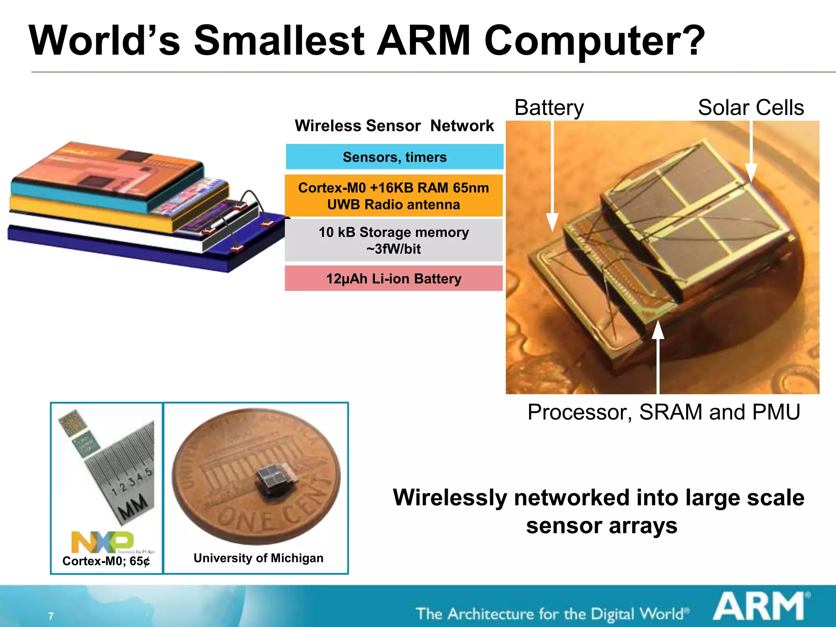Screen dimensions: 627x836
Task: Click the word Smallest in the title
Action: (x=278, y=41)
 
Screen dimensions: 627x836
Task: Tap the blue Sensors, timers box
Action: (x=394, y=157)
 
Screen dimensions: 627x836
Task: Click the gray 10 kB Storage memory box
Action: (x=394, y=240)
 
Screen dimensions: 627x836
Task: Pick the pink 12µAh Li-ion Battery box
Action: (x=394, y=278)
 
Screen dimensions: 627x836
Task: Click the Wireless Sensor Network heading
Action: (x=394, y=126)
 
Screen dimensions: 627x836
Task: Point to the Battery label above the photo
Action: (x=549, y=108)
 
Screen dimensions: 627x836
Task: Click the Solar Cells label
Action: (x=751, y=108)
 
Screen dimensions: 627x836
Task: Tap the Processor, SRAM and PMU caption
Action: (x=663, y=412)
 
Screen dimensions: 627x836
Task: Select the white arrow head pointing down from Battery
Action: (x=552, y=222)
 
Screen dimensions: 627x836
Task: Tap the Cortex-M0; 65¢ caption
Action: (x=106, y=561)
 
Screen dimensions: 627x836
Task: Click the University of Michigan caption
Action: (x=258, y=558)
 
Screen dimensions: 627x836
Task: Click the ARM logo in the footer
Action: (x=760, y=607)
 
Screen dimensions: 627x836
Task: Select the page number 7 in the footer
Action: (x=51, y=616)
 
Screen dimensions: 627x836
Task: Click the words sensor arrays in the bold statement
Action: (x=602, y=526)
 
